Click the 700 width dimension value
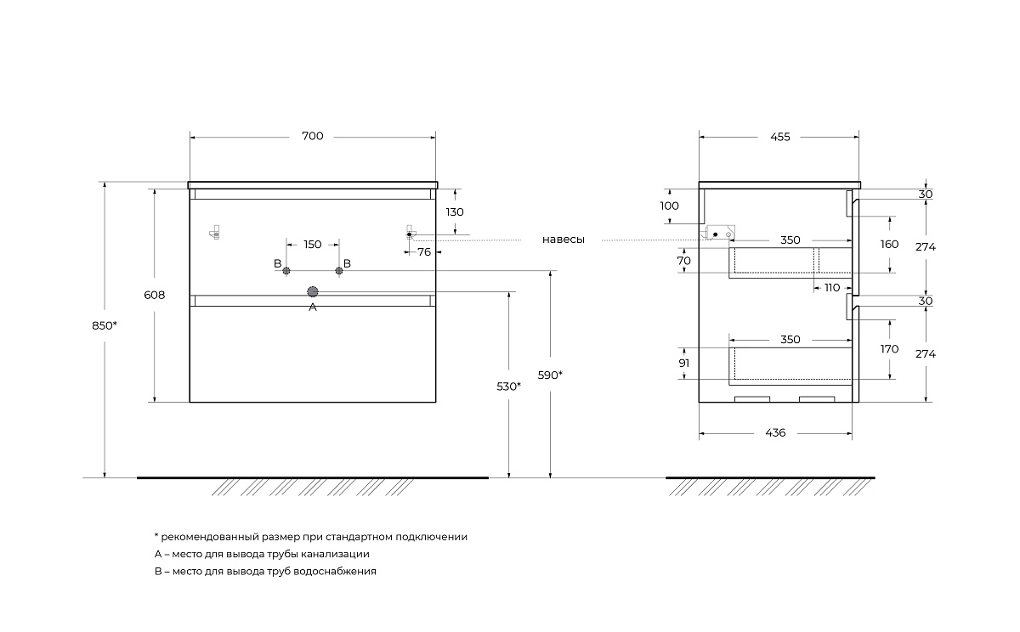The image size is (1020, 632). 312,137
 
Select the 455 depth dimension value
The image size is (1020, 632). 779,137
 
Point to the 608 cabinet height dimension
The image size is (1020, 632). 154,295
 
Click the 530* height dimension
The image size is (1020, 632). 508,387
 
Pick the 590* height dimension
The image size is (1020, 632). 550,375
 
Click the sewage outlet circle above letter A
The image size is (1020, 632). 312,291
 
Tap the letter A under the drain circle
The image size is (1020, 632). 312,308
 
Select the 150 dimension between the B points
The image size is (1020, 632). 312,245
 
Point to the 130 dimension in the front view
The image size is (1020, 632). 455,212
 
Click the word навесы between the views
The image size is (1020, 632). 563,240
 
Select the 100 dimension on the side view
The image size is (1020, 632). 670,206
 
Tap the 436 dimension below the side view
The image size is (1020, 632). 775,433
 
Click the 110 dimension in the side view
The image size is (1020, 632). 832,288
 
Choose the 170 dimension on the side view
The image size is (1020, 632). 890,348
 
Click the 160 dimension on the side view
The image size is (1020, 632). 890,244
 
